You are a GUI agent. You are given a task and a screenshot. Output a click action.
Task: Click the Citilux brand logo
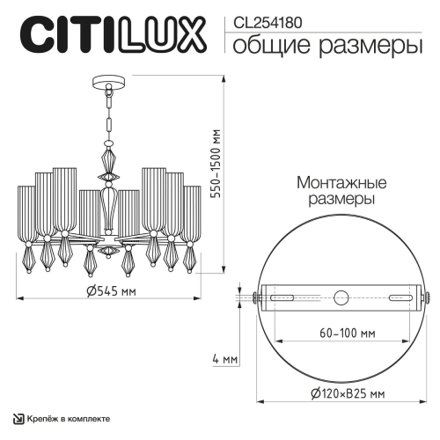(x=110, y=38)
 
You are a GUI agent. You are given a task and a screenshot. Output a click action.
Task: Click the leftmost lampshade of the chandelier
(x=26, y=211)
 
